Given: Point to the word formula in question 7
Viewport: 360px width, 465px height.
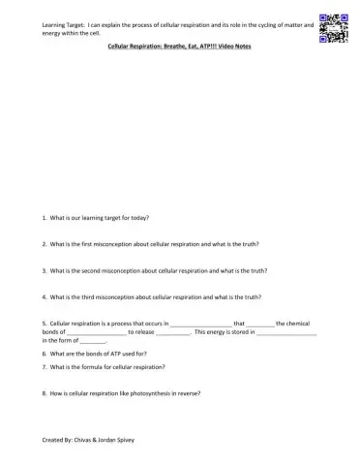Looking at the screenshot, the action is coord(98,368).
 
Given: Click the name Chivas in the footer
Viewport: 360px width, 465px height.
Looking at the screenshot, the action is coord(84,440).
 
